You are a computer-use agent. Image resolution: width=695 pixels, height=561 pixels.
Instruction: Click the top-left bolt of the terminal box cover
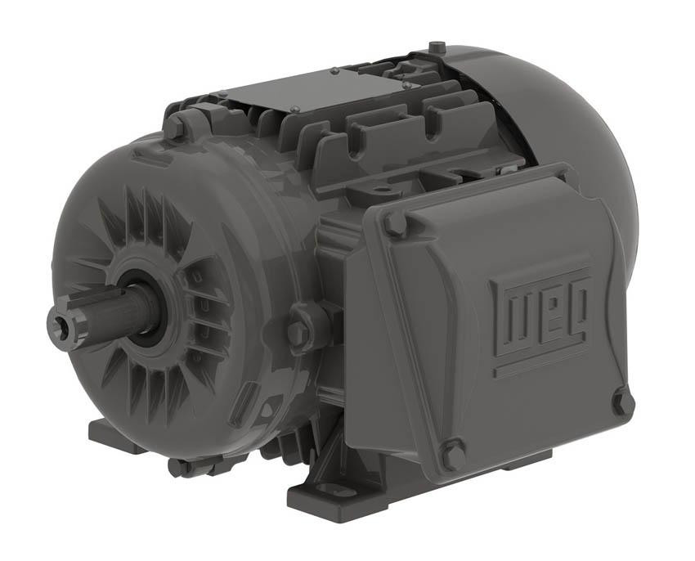(x=395, y=222)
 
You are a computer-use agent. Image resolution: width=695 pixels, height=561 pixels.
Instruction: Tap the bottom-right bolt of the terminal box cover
(x=623, y=401)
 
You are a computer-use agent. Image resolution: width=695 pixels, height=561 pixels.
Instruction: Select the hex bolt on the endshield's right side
(x=298, y=330)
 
